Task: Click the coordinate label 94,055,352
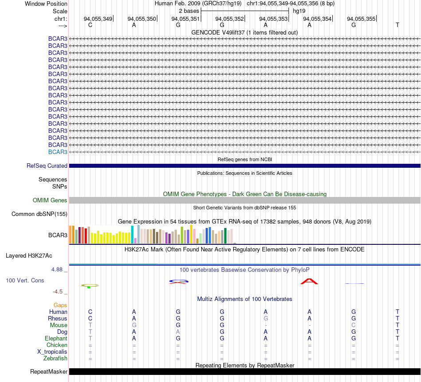pyautogui.click(x=229, y=19)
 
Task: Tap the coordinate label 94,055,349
pyautogui.click(x=98, y=19)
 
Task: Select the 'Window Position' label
pyautogui.click(x=46, y=4)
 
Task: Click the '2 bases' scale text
pyautogui.click(x=189, y=11)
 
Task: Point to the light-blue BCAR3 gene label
pyautogui.click(x=58, y=152)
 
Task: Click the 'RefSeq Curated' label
pyautogui.click(x=47, y=166)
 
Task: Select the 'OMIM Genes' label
pyautogui.click(x=50, y=201)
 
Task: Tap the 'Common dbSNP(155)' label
pyautogui.click(x=39, y=214)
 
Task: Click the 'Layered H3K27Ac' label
pyautogui.click(x=29, y=256)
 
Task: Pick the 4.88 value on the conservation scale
pyautogui.click(x=57, y=269)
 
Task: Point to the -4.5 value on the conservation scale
pyautogui.click(x=58, y=292)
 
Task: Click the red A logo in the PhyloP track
pyautogui.click(x=309, y=282)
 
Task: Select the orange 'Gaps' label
pyautogui.click(x=60, y=305)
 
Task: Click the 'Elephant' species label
pyautogui.click(x=56, y=339)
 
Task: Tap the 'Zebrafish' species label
pyautogui.click(x=55, y=359)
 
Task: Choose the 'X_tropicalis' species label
pyautogui.click(x=52, y=352)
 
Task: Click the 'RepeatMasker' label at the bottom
pyautogui.click(x=49, y=371)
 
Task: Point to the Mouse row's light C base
pyautogui.click(x=353, y=325)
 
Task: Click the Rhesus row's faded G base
pyautogui.click(x=265, y=318)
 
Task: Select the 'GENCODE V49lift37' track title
pyautogui.click(x=218, y=32)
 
